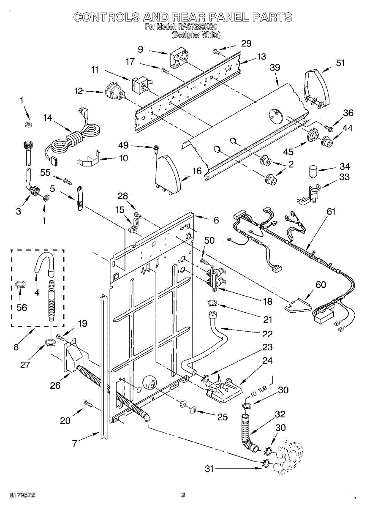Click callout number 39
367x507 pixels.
[275, 68]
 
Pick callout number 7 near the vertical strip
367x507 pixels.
[75, 443]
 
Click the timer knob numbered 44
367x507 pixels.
[327, 142]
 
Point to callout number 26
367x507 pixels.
[55, 385]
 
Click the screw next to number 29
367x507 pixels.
[218, 52]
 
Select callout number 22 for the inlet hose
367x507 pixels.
[267, 333]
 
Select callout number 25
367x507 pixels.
[223, 417]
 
